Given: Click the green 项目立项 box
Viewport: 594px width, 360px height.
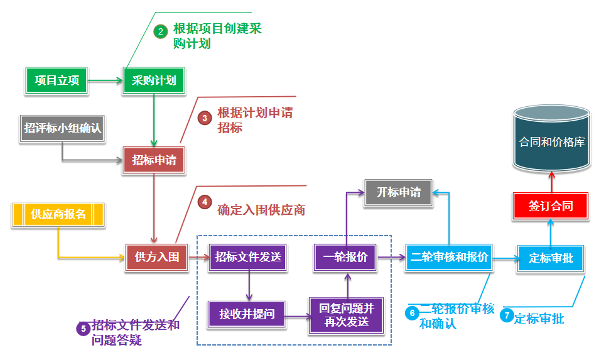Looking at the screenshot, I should (x=57, y=80).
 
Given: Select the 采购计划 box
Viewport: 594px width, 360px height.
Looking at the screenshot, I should (x=154, y=80).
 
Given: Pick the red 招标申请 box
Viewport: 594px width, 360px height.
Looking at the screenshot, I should (x=154, y=160).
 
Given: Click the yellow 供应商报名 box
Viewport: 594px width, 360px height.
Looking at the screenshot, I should (x=58, y=214).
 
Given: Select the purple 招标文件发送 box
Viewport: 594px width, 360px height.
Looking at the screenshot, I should (x=248, y=257).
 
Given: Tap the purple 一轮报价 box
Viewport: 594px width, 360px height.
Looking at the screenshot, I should (x=345, y=257).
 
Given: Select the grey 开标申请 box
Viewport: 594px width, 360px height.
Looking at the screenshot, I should (x=399, y=193).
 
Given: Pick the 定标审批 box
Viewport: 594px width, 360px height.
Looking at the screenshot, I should (x=551, y=258).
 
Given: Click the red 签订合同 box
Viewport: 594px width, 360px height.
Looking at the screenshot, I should (x=551, y=206).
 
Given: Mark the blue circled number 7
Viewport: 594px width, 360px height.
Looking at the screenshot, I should (x=507, y=317).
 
